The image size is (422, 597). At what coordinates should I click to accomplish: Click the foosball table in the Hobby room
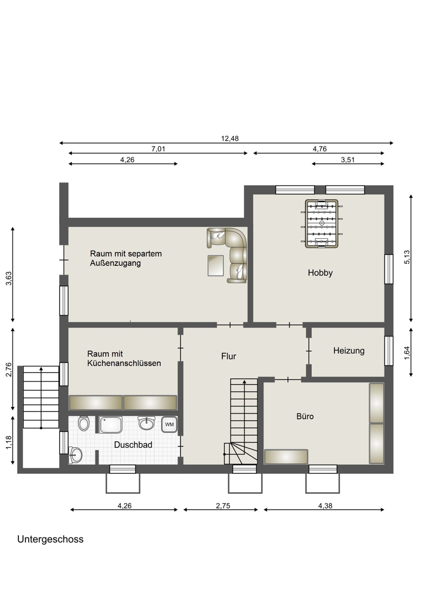point(322,223)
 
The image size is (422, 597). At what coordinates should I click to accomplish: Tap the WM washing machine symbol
point(169,424)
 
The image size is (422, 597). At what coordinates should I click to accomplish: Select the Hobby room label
point(320,272)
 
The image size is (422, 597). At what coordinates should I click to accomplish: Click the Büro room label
point(305,416)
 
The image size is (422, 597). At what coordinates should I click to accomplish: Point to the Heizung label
point(349,351)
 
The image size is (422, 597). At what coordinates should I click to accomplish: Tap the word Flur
point(229,356)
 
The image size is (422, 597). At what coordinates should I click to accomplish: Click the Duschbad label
point(133,444)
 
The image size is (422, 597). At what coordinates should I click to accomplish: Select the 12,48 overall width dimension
point(230,138)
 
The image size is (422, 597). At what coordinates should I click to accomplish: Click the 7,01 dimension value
point(159,149)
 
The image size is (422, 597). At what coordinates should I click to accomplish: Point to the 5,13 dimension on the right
point(407,257)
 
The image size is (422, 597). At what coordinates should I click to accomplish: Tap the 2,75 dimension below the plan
point(223,506)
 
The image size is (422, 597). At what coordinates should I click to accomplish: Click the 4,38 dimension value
point(325,506)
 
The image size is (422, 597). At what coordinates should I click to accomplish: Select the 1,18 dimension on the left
point(9,442)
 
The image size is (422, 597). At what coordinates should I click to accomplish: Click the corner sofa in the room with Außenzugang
point(229,255)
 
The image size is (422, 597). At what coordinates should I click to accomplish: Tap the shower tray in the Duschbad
point(111,425)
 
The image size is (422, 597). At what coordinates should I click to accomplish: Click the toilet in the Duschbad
point(84,423)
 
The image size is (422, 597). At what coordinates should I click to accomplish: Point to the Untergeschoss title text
point(51,539)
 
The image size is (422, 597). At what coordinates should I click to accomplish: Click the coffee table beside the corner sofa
point(216,265)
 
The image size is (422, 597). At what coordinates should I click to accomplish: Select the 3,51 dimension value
point(348,160)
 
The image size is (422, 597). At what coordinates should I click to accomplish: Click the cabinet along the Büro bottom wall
point(286,456)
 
